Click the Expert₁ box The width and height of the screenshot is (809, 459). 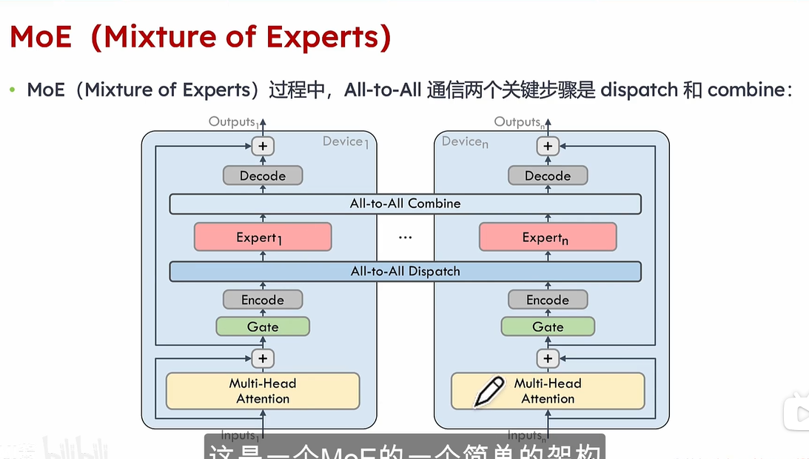click(262, 237)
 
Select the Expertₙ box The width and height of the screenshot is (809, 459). click(548, 237)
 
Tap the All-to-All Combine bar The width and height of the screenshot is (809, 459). click(405, 204)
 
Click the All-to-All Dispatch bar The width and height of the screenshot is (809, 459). click(405, 271)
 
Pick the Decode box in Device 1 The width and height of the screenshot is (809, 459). click(263, 175)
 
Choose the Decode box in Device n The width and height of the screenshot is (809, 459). click(548, 175)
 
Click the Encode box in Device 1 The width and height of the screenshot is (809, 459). click(263, 300)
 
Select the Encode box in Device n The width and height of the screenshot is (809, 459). click(548, 300)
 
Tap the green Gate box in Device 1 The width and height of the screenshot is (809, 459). click(263, 326)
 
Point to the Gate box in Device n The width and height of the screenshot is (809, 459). click(548, 326)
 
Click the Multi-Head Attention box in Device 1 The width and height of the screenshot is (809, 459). click(263, 391)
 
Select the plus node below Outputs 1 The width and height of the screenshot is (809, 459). click(263, 146)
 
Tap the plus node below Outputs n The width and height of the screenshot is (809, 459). click(548, 146)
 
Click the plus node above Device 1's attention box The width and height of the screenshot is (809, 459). click(263, 358)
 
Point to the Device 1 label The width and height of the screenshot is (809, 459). click(345, 141)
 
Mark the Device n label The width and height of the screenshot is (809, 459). click(465, 141)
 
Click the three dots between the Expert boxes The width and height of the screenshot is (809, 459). click(405, 238)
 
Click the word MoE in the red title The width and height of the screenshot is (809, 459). click(41, 37)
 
